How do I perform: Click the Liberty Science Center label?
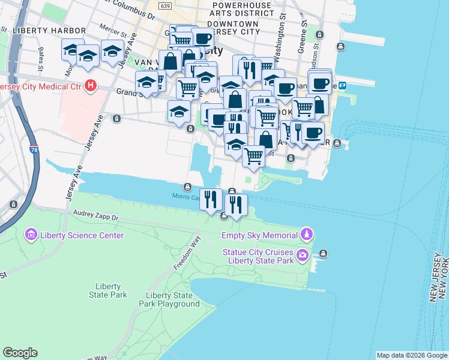coord(82,235)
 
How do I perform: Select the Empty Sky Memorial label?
coord(259,235)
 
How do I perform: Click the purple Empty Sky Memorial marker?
coord(307,233)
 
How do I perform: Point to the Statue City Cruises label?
coord(258,252)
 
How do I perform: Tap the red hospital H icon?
coord(91,85)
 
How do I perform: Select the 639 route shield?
coord(165,5)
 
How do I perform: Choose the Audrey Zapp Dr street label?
coord(96,214)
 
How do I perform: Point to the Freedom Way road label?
coord(187,254)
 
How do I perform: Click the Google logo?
coord(20,353)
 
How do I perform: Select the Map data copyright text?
coord(412,355)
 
